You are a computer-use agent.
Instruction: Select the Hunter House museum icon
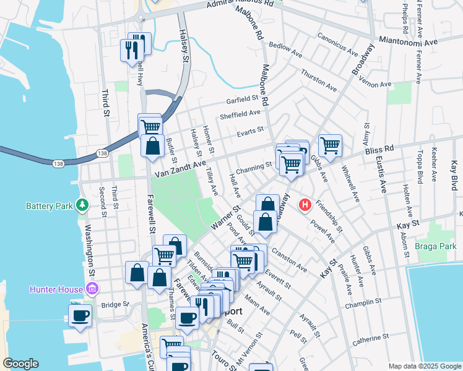[92, 288]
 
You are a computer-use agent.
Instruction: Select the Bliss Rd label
[379, 149]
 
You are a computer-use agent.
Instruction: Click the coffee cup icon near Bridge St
[79, 315]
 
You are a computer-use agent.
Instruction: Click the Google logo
[20, 364]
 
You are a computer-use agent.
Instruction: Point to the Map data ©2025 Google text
[425, 366]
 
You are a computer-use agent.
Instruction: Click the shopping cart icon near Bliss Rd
[330, 146]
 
